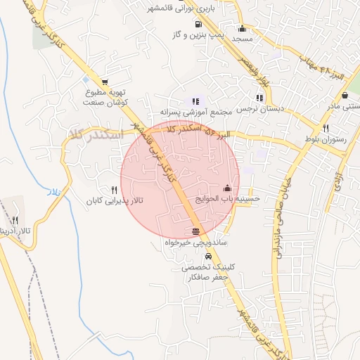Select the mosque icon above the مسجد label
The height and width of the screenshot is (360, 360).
243,29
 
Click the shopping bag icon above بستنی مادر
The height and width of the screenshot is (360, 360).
345,95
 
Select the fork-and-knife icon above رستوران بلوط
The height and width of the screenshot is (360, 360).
326,128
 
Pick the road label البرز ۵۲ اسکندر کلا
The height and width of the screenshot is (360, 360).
198,130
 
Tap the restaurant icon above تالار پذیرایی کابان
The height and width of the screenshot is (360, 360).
114,189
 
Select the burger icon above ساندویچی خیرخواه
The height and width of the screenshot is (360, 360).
195,231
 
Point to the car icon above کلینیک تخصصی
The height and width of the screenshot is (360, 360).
207,256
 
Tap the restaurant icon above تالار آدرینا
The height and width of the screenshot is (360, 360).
15,220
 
